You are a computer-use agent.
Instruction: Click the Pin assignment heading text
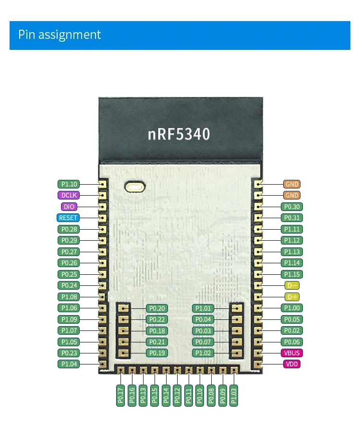60,35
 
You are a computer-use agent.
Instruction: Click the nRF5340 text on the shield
179,134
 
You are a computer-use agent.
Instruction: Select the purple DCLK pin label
69,195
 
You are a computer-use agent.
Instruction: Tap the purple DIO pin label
69,207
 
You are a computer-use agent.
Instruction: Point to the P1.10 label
69,184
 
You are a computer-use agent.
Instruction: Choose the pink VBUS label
292,353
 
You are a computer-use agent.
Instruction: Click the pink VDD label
292,364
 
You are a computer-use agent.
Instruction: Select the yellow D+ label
292,297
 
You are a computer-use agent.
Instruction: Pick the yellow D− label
292,285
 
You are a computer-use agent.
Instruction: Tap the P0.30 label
292,207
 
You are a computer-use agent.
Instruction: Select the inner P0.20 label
157,308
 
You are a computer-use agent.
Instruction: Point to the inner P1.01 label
203,308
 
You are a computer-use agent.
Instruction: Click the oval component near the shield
135,186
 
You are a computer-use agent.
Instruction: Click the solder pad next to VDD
258,364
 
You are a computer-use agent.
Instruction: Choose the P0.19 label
157,353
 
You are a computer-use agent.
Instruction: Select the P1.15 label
292,274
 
